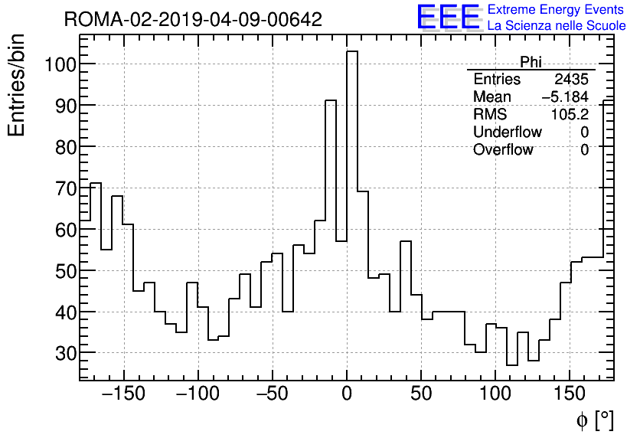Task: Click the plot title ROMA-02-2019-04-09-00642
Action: [x=193, y=20]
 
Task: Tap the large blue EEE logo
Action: [x=448, y=17]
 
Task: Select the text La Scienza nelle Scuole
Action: [x=557, y=25]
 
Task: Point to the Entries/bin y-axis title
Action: [x=17, y=85]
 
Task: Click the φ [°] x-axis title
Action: [x=595, y=420]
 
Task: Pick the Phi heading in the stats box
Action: [x=531, y=62]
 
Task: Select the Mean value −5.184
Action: [x=565, y=97]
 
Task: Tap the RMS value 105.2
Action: [x=570, y=115]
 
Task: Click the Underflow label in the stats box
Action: [x=508, y=132]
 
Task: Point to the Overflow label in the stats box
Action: [x=503, y=150]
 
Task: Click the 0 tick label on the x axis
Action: [x=347, y=394]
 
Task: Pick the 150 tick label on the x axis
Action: [x=570, y=394]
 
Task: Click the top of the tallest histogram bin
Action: [x=352, y=51]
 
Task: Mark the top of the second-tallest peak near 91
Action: [x=331, y=100]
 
